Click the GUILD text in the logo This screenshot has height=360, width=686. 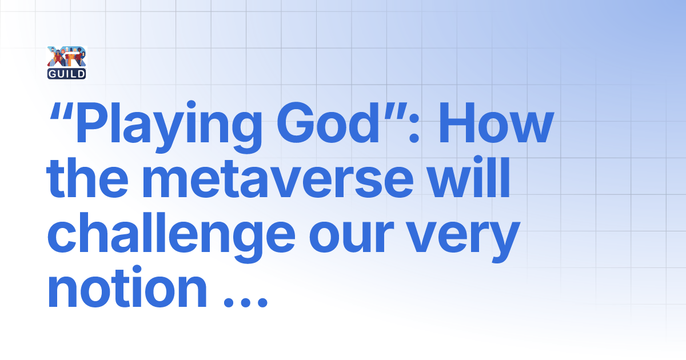pyautogui.click(x=67, y=73)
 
